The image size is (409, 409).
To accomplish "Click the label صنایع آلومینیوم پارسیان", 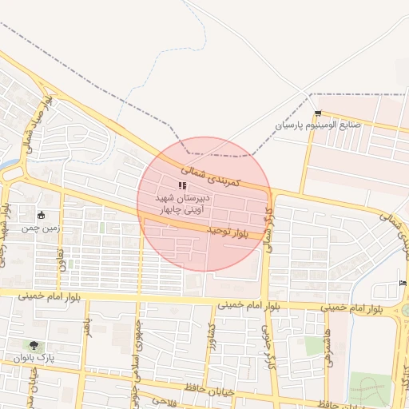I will click(318, 125).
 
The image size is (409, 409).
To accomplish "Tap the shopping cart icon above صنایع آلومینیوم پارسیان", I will click(319, 113).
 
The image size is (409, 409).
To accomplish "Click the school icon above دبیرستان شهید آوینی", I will click(182, 185).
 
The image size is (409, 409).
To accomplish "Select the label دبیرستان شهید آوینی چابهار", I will click(183, 203).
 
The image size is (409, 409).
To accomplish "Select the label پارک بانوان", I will click(34, 358).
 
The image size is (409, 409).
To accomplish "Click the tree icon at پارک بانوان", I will click(34, 345).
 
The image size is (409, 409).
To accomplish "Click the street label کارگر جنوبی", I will click(266, 343).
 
